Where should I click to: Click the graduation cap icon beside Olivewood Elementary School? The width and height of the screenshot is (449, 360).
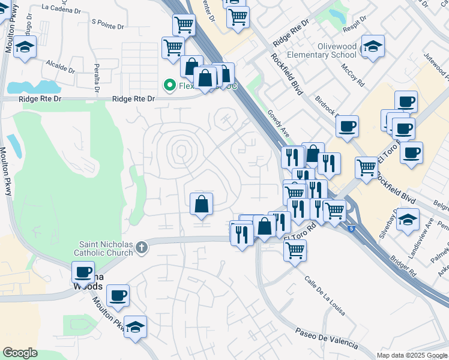[x=373, y=46]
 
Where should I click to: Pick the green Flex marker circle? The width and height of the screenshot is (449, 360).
[x=169, y=86]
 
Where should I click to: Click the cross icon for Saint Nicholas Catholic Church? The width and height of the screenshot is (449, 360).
[x=142, y=247]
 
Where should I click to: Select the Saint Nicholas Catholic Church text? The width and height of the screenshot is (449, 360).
[x=103, y=248]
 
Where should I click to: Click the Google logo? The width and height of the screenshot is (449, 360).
[x=20, y=353]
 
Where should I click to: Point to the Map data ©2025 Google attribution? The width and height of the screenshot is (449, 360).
[x=412, y=355]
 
